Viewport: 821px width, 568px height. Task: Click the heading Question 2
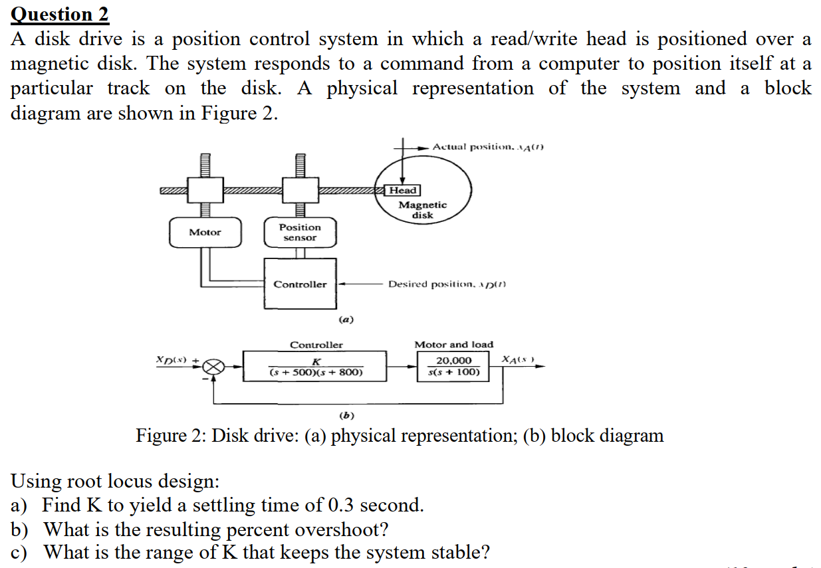(x=60, y=14)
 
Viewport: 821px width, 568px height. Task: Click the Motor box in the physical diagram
(x=205, y=232)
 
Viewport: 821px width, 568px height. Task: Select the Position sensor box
(x=300, y=232)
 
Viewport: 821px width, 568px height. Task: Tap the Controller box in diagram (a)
(x=300, y=284)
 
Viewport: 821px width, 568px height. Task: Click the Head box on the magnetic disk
(x=403, y=190)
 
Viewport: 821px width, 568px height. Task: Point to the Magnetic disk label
(x=423, y=210)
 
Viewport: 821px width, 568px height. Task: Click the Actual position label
(x=488, y=146)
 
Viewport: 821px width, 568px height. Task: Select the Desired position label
(x=447, y=284)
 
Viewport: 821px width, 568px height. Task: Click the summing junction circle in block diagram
(x=213, y=366)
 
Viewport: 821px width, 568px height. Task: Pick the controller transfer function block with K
(x=316, y=366)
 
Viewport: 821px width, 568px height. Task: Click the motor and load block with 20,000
(x=454, y=366)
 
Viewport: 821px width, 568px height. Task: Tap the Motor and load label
(x=454, y=345)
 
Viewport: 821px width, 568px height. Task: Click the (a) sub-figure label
(x=346, y=320)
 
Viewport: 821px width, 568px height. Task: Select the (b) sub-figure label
(x=346, y=416)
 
